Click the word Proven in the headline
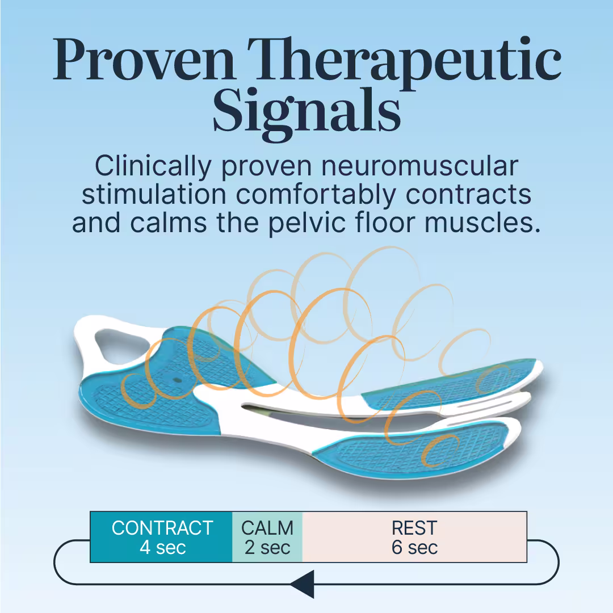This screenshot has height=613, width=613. pyautogui.click(x=144, y=60)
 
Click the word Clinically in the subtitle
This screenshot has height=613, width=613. pyautogui.click(x=153, y=167)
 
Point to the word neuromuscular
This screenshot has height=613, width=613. pyautogui.click(x=419, y=167)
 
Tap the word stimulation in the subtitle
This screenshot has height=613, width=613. pyautogui.click(x=154, y=194)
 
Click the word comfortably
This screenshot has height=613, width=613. pyautogui.click(x=316, y=195)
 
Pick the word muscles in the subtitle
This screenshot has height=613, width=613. pyautogui.click(x=482, y=223)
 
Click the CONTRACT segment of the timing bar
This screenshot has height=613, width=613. pyautogui.click(x=161, y=537)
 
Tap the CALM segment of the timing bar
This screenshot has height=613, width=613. pyautogui.click(x=267, y=537)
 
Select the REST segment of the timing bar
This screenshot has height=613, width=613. pyautogui.click(x=414, y=537)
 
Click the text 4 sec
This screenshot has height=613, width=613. pyautogui.click(x=163, y=547)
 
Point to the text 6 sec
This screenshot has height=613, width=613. pyautogui.click(x=414, y=547)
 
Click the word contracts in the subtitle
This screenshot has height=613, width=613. pyautogui.click(x=468, y=195)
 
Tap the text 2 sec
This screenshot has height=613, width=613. pyautogui.click(x=267, y=547)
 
